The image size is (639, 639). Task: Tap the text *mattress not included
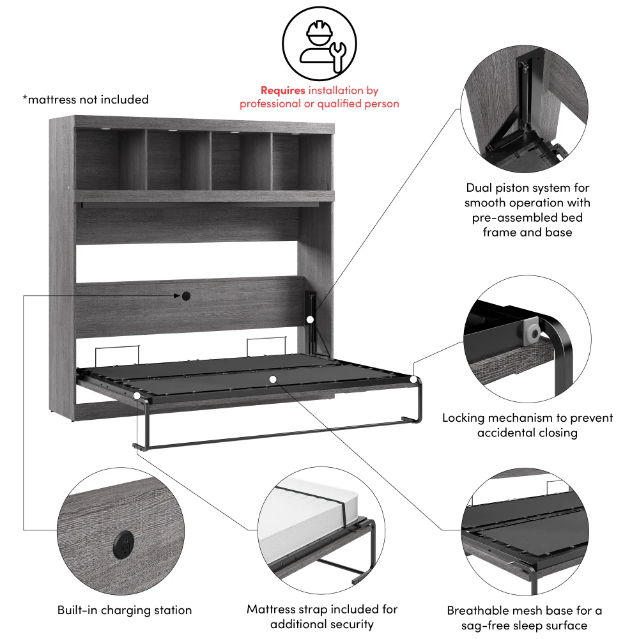click(85, 100)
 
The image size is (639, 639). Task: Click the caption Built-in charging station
click(125, 610)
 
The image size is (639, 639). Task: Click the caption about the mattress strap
click(322, 617)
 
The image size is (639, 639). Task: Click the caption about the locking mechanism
click(527, 425)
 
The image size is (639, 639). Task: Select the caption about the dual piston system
click(527, 210)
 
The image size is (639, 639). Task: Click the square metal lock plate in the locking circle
click(531, 331)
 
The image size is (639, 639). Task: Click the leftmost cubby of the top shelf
click(110, 160)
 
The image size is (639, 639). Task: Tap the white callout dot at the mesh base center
click(273, 379)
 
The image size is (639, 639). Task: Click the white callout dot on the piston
click(310, 319)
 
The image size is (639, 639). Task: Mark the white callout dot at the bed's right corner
click(414, 380)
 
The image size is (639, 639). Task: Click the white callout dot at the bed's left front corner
click(137, 396)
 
